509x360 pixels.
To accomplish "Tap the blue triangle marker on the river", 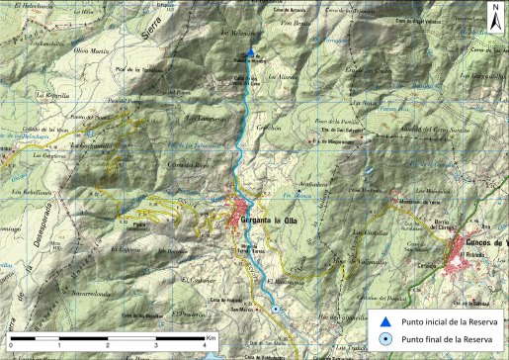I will pos(250,53).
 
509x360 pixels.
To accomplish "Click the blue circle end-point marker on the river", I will pos(276,309).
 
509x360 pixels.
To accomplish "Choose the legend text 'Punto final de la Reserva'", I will pos(442,340).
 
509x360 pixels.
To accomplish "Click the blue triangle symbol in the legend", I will pos(382,320).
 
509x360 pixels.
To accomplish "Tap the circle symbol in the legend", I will pos(382,340).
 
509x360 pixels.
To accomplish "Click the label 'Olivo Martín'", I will pos(91,49).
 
